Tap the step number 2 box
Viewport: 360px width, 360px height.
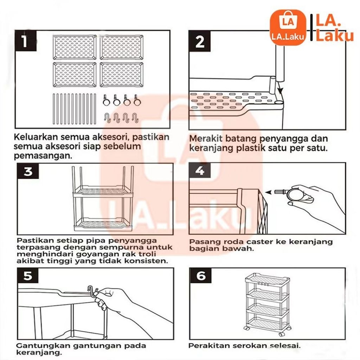pos(199,42)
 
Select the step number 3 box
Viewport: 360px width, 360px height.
pos(28,172)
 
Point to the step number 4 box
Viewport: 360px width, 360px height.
pos(199,172)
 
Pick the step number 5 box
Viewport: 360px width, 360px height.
pos(28,276)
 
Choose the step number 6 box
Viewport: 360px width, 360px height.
pos(201,276)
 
